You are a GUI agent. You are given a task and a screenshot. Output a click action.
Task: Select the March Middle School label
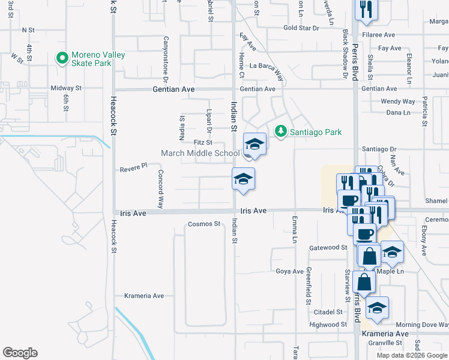(200, 153)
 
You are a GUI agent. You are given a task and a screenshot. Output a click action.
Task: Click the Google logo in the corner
(20, 353)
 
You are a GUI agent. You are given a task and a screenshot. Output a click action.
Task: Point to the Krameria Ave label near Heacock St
(144, 296)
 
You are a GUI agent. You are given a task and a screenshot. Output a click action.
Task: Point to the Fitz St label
(203, 142)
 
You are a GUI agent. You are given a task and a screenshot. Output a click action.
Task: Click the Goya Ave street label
(289, 271)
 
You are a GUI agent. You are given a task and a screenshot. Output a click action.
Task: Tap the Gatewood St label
(328, 247)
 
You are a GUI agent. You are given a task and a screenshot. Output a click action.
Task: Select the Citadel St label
(328, 312)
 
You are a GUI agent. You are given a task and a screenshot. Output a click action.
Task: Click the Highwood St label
(324, 325)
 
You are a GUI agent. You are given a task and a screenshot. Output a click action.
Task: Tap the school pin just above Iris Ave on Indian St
(243, 179)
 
